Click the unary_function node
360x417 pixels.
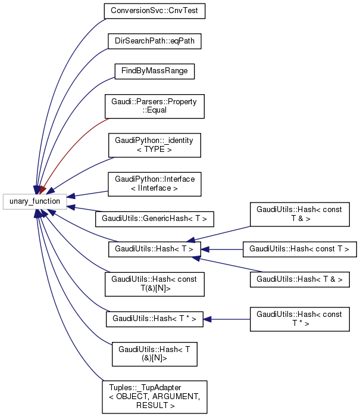[35, 201]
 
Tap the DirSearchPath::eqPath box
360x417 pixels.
[154, 41]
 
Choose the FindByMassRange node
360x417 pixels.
[154, 71]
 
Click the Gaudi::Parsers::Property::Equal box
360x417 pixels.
[154, 105]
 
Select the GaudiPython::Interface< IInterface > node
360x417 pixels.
[154, 185]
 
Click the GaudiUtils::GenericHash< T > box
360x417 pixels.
[154, 219]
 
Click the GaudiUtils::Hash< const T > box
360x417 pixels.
[299, 248]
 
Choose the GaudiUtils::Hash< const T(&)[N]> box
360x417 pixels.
[154, 283]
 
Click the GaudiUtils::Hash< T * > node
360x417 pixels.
[154, 319]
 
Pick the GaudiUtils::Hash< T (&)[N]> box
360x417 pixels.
[154, 353]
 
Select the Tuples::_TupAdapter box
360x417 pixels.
[154, 397]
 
